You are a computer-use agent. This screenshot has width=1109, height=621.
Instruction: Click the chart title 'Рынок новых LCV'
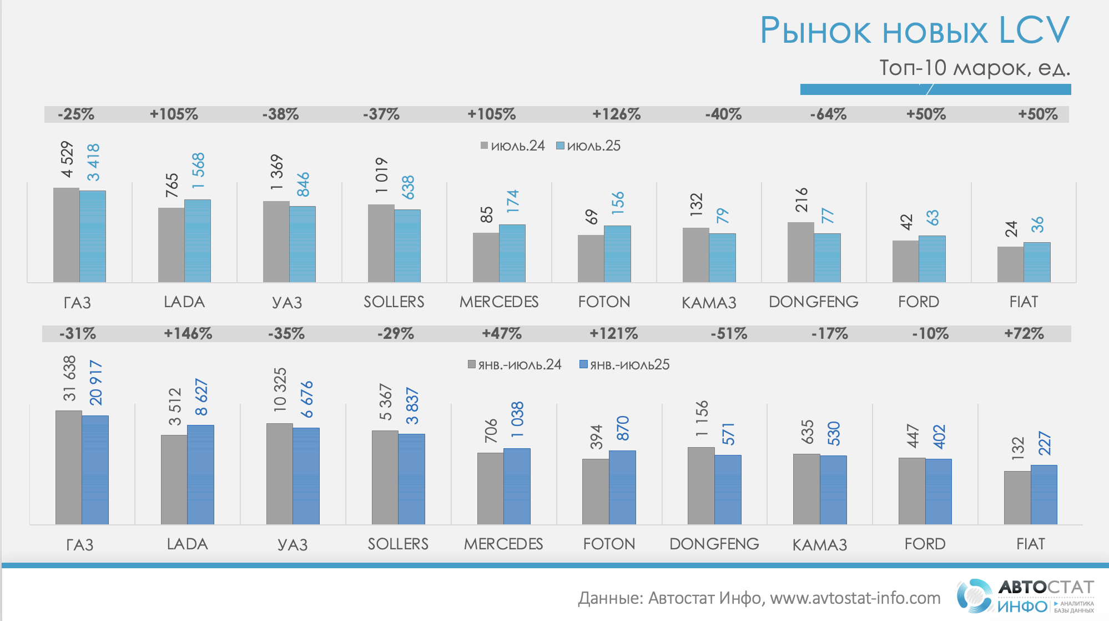coord(914,30)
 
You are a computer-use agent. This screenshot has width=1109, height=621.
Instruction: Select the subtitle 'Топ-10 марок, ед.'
coord(974,68)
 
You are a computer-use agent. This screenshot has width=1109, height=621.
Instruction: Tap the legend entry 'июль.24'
coord(513,146)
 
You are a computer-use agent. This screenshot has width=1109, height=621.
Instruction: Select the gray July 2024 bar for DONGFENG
coord(800,252)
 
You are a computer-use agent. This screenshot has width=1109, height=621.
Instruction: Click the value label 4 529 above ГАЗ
coord(67,159)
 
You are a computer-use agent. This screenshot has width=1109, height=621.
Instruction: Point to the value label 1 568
coord(198,171)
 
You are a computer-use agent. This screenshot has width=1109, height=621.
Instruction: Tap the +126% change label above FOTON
coord(616,114)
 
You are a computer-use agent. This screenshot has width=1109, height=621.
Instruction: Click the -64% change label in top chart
coord(828,114)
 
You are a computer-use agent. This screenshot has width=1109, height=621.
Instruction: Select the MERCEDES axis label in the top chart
coord(499,302)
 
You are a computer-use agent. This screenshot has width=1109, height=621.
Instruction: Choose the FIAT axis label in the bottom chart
coord(1030,544)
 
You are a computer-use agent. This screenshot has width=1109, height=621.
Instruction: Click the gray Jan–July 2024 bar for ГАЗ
coord(69,467)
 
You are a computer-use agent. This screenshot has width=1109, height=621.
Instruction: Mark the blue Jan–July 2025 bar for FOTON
coord(622,487)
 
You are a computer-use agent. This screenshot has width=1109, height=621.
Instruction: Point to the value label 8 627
coord(201,397)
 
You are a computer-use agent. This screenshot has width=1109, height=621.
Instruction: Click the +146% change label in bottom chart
coord(188,334)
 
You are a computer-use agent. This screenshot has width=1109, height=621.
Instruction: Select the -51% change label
coord(729,334)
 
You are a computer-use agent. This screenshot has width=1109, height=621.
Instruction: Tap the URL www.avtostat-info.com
coord(855,598)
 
